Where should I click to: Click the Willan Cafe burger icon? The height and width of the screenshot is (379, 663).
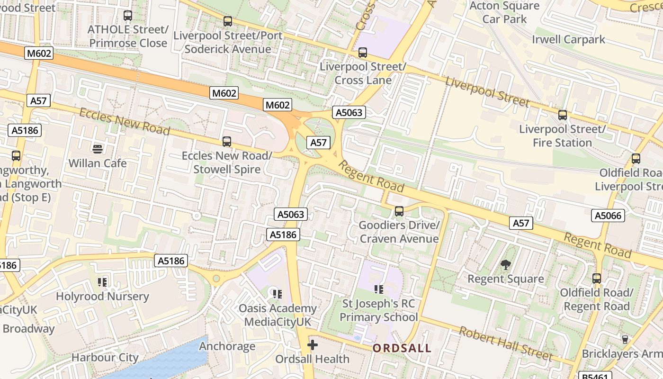98,149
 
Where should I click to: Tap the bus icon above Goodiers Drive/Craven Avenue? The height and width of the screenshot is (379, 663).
399,211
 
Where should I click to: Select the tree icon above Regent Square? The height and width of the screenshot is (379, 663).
506,265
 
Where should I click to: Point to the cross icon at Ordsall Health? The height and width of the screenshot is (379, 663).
313,345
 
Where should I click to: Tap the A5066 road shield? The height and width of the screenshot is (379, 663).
608,216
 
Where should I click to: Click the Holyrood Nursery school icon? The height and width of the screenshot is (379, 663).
102,283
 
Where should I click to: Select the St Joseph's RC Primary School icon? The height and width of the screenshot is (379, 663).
378,289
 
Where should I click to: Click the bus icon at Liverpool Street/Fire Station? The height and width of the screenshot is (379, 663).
563,115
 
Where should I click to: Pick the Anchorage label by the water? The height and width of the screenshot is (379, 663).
227,346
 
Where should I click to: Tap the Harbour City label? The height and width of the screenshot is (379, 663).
105,358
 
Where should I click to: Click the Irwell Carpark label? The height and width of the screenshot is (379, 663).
568,39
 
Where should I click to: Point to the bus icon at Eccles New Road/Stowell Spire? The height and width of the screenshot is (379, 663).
227,141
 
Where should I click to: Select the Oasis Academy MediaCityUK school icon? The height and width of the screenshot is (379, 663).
278,294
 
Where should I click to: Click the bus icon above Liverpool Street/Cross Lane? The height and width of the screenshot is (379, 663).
363,53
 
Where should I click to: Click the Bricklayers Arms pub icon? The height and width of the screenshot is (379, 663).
625,339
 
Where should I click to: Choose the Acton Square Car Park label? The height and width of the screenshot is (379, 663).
504,13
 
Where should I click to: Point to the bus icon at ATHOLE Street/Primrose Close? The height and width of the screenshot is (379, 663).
128,16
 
